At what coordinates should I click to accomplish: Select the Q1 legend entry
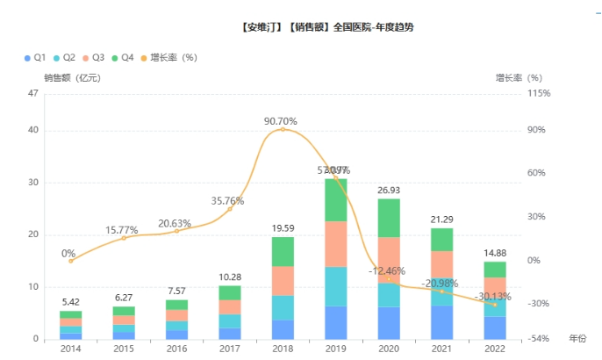coord(34,58)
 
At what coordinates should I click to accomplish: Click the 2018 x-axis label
coord(283,349)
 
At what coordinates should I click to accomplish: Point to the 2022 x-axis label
coord(495,349)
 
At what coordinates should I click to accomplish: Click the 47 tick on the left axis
coord(34,94)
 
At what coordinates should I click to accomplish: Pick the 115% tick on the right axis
coord(539,94)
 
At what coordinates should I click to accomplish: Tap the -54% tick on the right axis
coord(539,339)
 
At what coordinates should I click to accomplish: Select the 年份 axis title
coord(577,339)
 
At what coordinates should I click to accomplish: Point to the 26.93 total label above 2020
coord(389,190)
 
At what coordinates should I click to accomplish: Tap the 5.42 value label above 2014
coord(70,302)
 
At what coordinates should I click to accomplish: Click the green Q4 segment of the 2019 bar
coord(336,199)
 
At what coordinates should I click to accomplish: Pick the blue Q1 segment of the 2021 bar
coord(442,322)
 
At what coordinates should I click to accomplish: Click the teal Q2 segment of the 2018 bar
coord(283,308)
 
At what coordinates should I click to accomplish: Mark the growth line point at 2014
coord(70,261)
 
